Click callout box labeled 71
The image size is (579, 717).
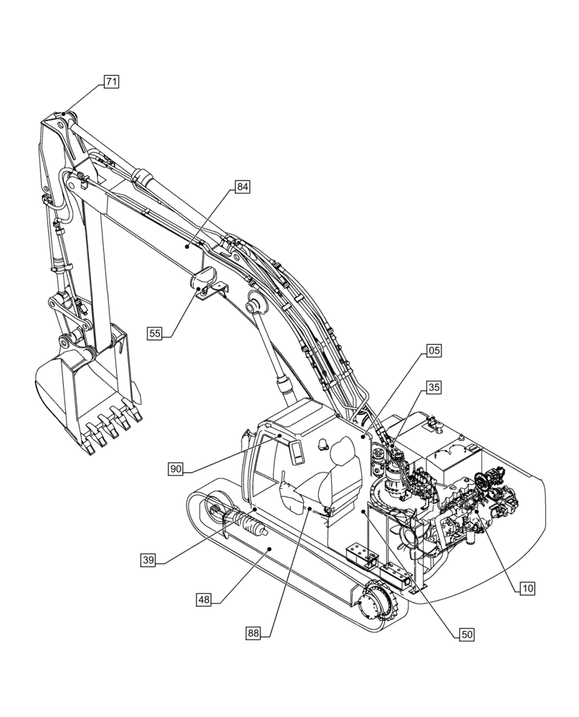(x=111, y=82)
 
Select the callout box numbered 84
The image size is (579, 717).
(x=242, y=187)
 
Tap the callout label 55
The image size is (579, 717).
(x=155, y=333)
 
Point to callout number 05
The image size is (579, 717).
(x=434, y=351)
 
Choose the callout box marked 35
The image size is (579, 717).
(x=434, y=387)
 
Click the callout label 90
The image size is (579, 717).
(x=176, y=469)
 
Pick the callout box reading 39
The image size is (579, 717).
(x=148, y=560)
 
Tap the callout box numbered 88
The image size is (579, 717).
(x=253, y=632)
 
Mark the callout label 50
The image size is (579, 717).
(x=467, y=634)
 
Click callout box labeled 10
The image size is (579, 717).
(x=527, y=589)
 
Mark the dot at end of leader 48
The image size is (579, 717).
(x=269, y=549)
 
